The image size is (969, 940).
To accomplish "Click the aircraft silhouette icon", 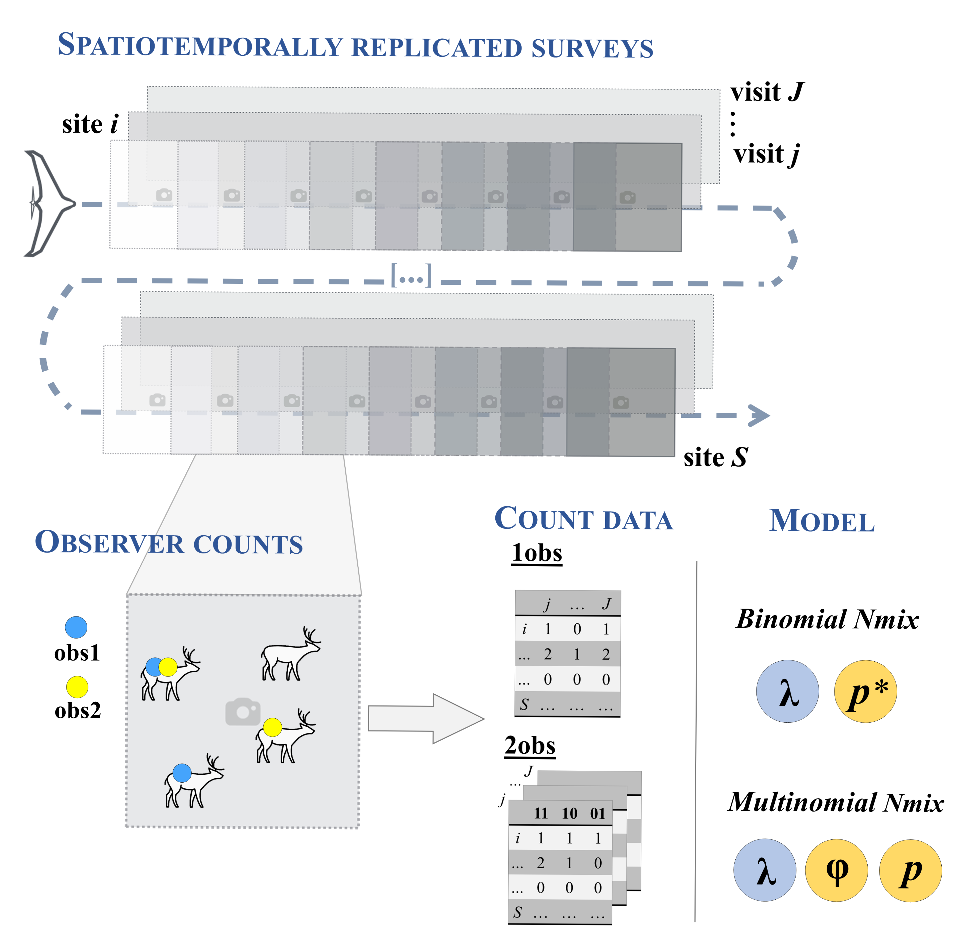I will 47,204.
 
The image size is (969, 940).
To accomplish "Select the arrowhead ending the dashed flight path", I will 759,416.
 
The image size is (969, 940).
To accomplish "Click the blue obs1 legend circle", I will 76,627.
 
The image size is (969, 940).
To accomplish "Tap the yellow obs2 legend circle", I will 77,687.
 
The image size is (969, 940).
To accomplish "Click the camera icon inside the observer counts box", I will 243,712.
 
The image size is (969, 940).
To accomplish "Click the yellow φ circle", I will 837,870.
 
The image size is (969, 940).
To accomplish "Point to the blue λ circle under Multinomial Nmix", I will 765,870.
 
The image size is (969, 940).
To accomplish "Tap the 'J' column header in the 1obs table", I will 606,604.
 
